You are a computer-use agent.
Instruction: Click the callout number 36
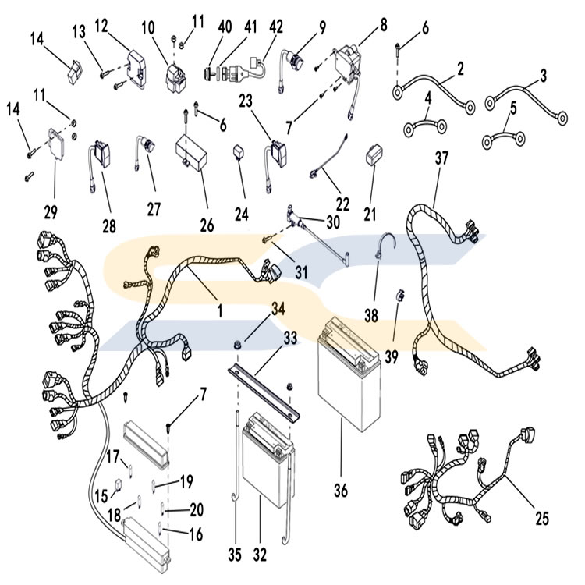341,490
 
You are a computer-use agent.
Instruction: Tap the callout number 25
542,518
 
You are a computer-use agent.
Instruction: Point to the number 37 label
441,158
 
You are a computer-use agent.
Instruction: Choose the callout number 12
101,26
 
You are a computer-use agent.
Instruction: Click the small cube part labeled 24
238,152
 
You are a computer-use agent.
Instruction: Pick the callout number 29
51,212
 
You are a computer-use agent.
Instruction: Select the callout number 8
383,24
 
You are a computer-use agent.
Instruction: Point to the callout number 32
260,555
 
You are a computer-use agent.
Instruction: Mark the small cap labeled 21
374,155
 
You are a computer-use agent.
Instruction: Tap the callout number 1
220,310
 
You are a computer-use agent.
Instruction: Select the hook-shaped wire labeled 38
381,248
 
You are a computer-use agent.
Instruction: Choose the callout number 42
275,27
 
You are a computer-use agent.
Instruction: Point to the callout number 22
342,204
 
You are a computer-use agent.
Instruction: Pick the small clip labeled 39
400,296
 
